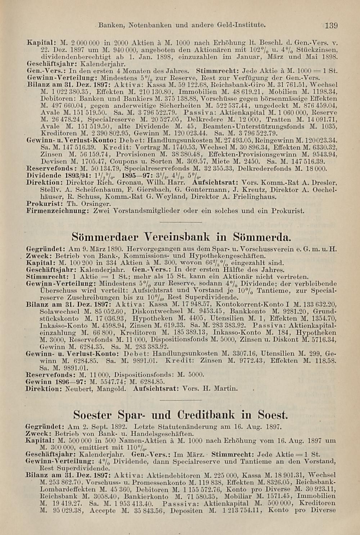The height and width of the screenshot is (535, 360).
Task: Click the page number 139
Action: (x=331, y=25)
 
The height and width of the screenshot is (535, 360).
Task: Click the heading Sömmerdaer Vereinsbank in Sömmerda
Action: (x=181, y=237)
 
